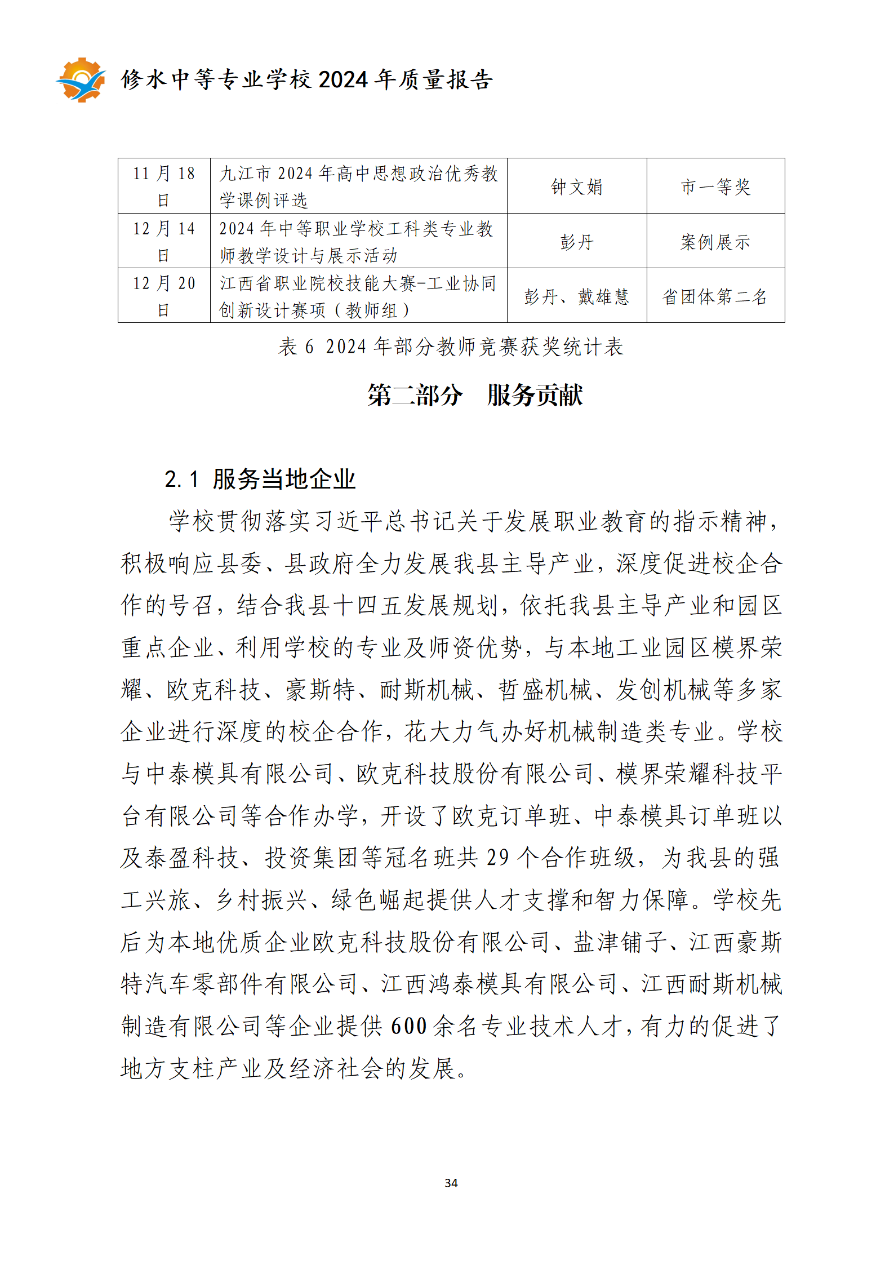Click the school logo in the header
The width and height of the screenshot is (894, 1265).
[x=81, y=80]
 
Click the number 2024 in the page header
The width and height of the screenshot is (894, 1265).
[x=343, y=80]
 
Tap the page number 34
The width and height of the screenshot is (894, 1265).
[x=451, y=1183]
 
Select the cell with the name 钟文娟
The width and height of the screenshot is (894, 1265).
[x=576, y=187]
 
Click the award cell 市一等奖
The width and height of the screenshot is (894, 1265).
[x=715, y=187]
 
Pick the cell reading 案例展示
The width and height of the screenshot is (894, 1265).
[x=715, y=242]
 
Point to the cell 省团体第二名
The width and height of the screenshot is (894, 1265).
[x=715, y=296]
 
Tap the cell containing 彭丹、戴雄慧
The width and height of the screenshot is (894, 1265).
[x=576, y=296]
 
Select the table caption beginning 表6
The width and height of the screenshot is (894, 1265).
[x=451, y=347]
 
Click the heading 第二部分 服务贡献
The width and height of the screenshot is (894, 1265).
[x=475, y=395]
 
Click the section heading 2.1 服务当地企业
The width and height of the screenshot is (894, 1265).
[x=260, y=480]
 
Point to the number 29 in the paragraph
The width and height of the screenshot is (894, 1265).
[x=497, y=858]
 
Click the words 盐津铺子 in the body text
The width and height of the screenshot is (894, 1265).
[x=620, y=942]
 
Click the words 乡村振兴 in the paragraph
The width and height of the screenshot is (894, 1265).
[x=262, y=900]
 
